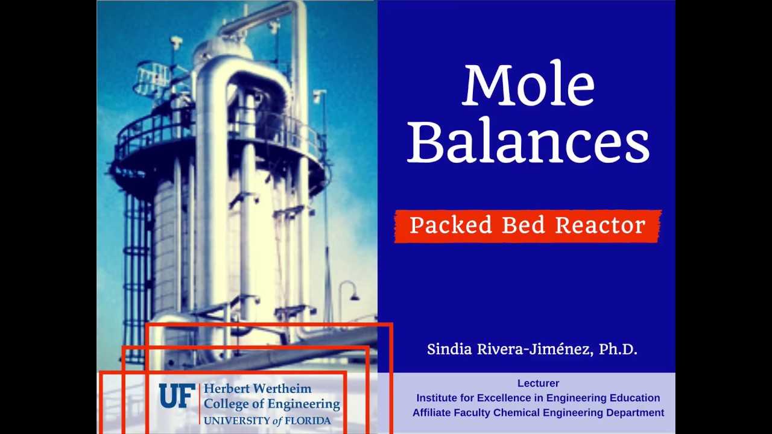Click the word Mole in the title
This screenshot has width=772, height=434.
point(529,85)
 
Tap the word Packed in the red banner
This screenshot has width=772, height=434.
point(451,225)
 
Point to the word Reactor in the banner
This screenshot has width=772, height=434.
point(600,225)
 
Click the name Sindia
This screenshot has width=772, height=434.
point(449,349)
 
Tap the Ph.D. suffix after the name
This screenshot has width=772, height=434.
point(618,349)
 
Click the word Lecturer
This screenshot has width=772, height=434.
point(538,383)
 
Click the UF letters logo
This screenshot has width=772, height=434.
point(177,396)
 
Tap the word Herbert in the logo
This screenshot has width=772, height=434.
point(227,389)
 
